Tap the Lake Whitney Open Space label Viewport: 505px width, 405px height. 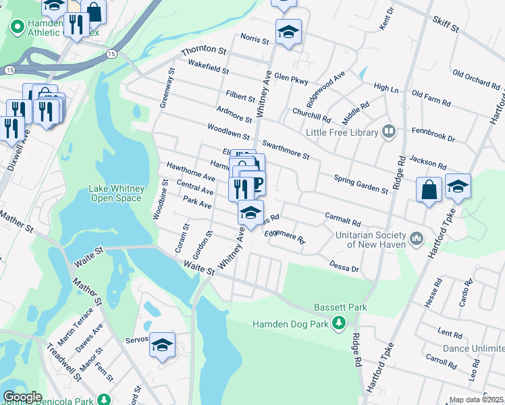[x=115, y=194]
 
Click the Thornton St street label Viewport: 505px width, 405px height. [x=203, y=51]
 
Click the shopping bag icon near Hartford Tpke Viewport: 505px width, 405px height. [x=429, y=190]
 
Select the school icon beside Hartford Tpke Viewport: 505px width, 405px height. [x=458, y=187]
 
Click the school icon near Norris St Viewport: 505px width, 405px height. [x=288, y=32]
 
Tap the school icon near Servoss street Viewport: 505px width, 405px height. [x=162, y=345]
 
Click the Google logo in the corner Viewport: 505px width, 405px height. [x=22, y=397]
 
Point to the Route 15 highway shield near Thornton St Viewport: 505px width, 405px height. [x=111, y=53]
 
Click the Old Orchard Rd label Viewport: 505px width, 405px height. [x=476, y=78]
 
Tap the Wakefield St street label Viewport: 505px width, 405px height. [x=209, y=66]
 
